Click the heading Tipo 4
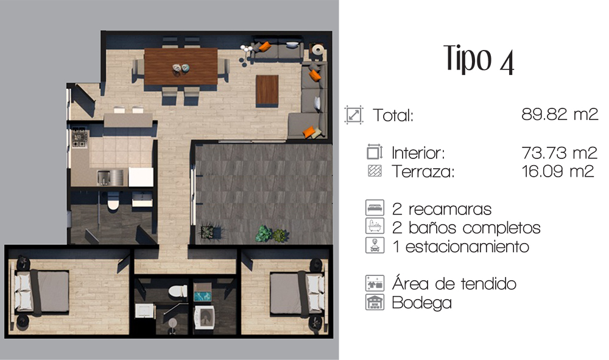click(x=479, y=59)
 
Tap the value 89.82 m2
click(x=560, y=114)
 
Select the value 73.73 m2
click(x=559, y=153)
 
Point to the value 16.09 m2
click(x=558, y=171)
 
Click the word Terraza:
click(x=423, y=172)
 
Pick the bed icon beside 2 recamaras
click(x=375, y=208)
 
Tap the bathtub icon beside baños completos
click(x=375, y=226)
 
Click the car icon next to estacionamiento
click(x=375, y=245)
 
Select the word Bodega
click(x=422, y=303)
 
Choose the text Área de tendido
click(x=454, y=283)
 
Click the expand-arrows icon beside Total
click(x=354, y=115)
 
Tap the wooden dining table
click(x=181, y=66)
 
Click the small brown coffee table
click(x=267, y=90)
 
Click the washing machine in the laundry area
click(x=204, y=317)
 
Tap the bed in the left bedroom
click(x=41, y=292)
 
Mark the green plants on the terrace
click(x=272, y=234)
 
